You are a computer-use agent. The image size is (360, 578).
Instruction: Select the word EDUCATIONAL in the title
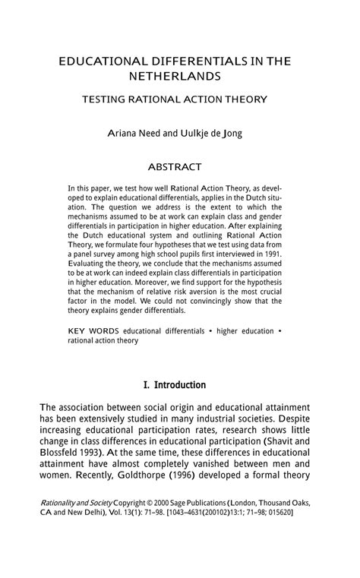click(x=104, y=61)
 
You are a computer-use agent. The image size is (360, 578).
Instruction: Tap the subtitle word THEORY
click(x=242, y=99)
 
